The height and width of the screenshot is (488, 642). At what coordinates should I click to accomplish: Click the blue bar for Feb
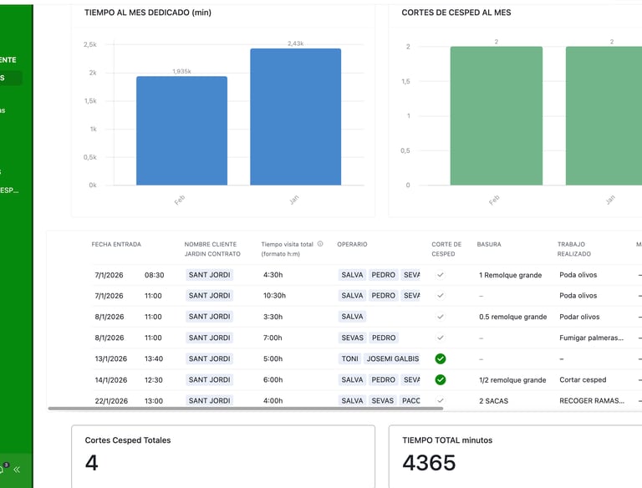click(x=181, y=130)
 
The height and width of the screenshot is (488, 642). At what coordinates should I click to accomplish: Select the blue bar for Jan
click(x=295, y=116)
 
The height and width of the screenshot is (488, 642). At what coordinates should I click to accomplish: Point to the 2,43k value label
click(x=295, y=43)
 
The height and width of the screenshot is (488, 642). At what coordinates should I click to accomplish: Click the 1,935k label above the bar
click(x=181, y=72)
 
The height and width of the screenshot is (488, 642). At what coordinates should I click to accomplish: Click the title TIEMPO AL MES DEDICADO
click(x=148, y=13)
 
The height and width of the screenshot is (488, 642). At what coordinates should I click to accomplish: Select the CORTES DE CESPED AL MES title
click(x=456, y=13)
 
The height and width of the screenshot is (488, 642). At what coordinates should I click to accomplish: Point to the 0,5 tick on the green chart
click(x=405, y=150)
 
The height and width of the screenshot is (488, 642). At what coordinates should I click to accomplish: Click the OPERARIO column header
click(x=352, y=244)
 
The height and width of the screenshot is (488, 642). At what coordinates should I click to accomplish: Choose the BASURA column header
click(x=489, y=244)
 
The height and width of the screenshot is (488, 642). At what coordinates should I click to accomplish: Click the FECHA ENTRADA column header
click(x=116, y=244)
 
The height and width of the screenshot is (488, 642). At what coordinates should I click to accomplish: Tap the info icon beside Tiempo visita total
click(x=320, y=244)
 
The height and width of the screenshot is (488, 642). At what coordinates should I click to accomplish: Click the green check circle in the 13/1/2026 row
click(x=441, y=358)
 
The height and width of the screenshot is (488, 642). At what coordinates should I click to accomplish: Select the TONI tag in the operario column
click(x=350, y=358)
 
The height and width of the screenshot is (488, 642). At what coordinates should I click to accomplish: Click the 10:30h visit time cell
click(x=275, y=296)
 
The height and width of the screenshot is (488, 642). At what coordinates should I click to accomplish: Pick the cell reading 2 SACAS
click(x=493, y=401)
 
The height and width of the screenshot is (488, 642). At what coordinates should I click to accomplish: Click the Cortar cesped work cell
click(x=583, y=380)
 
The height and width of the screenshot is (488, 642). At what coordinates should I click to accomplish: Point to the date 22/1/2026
click(x=110, y=401)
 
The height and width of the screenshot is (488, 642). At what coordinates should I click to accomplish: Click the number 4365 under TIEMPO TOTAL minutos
click(x=429, y=462)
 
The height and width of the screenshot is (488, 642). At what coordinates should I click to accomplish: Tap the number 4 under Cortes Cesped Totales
click(x=92, y=462)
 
